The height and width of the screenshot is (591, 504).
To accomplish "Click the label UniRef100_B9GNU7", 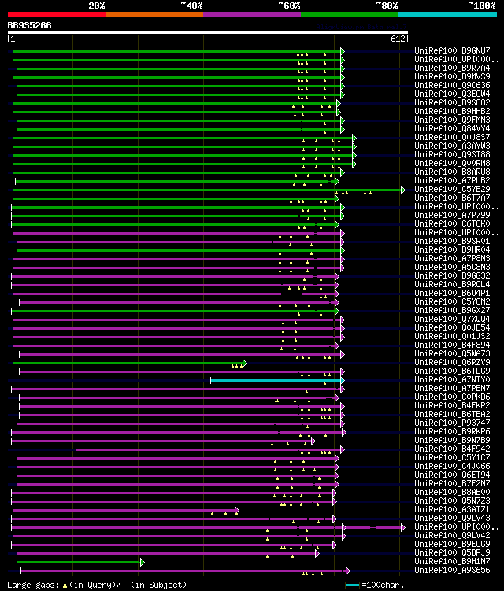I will [446, 51].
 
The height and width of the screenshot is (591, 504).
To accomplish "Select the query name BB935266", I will [30, 25].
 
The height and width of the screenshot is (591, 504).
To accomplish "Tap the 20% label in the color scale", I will [97, 6].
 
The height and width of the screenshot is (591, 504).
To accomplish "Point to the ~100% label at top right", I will [481, 6].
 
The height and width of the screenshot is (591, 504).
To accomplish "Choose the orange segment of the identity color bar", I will [154, 14].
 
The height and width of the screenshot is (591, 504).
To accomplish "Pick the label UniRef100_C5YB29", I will [446, 190].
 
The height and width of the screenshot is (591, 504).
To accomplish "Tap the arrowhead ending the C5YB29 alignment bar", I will [402, 190].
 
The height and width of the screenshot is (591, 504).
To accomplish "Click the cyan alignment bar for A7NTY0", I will [276, 380].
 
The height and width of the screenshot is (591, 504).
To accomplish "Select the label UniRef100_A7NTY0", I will [446, 380].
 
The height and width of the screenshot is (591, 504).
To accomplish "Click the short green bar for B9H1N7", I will [79, 562].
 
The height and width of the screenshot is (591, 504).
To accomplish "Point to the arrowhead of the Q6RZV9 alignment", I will [244, 363].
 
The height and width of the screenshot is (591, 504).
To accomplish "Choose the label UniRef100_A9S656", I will [446, 571].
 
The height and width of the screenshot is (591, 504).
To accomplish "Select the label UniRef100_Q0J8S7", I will [446, 138].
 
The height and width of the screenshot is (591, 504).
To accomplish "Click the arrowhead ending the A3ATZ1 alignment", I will [236, 510].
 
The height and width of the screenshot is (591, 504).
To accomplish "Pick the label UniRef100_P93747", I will [446, 423].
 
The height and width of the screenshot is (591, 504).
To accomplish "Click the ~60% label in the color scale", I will [289, 6].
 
